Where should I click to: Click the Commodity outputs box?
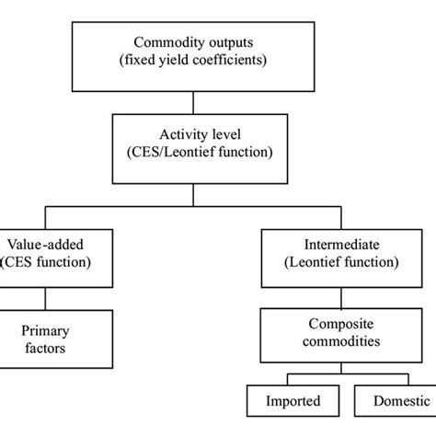[192, 51]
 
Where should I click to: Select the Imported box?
[295, 401]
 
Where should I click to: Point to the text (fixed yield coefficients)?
[192, 61]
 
